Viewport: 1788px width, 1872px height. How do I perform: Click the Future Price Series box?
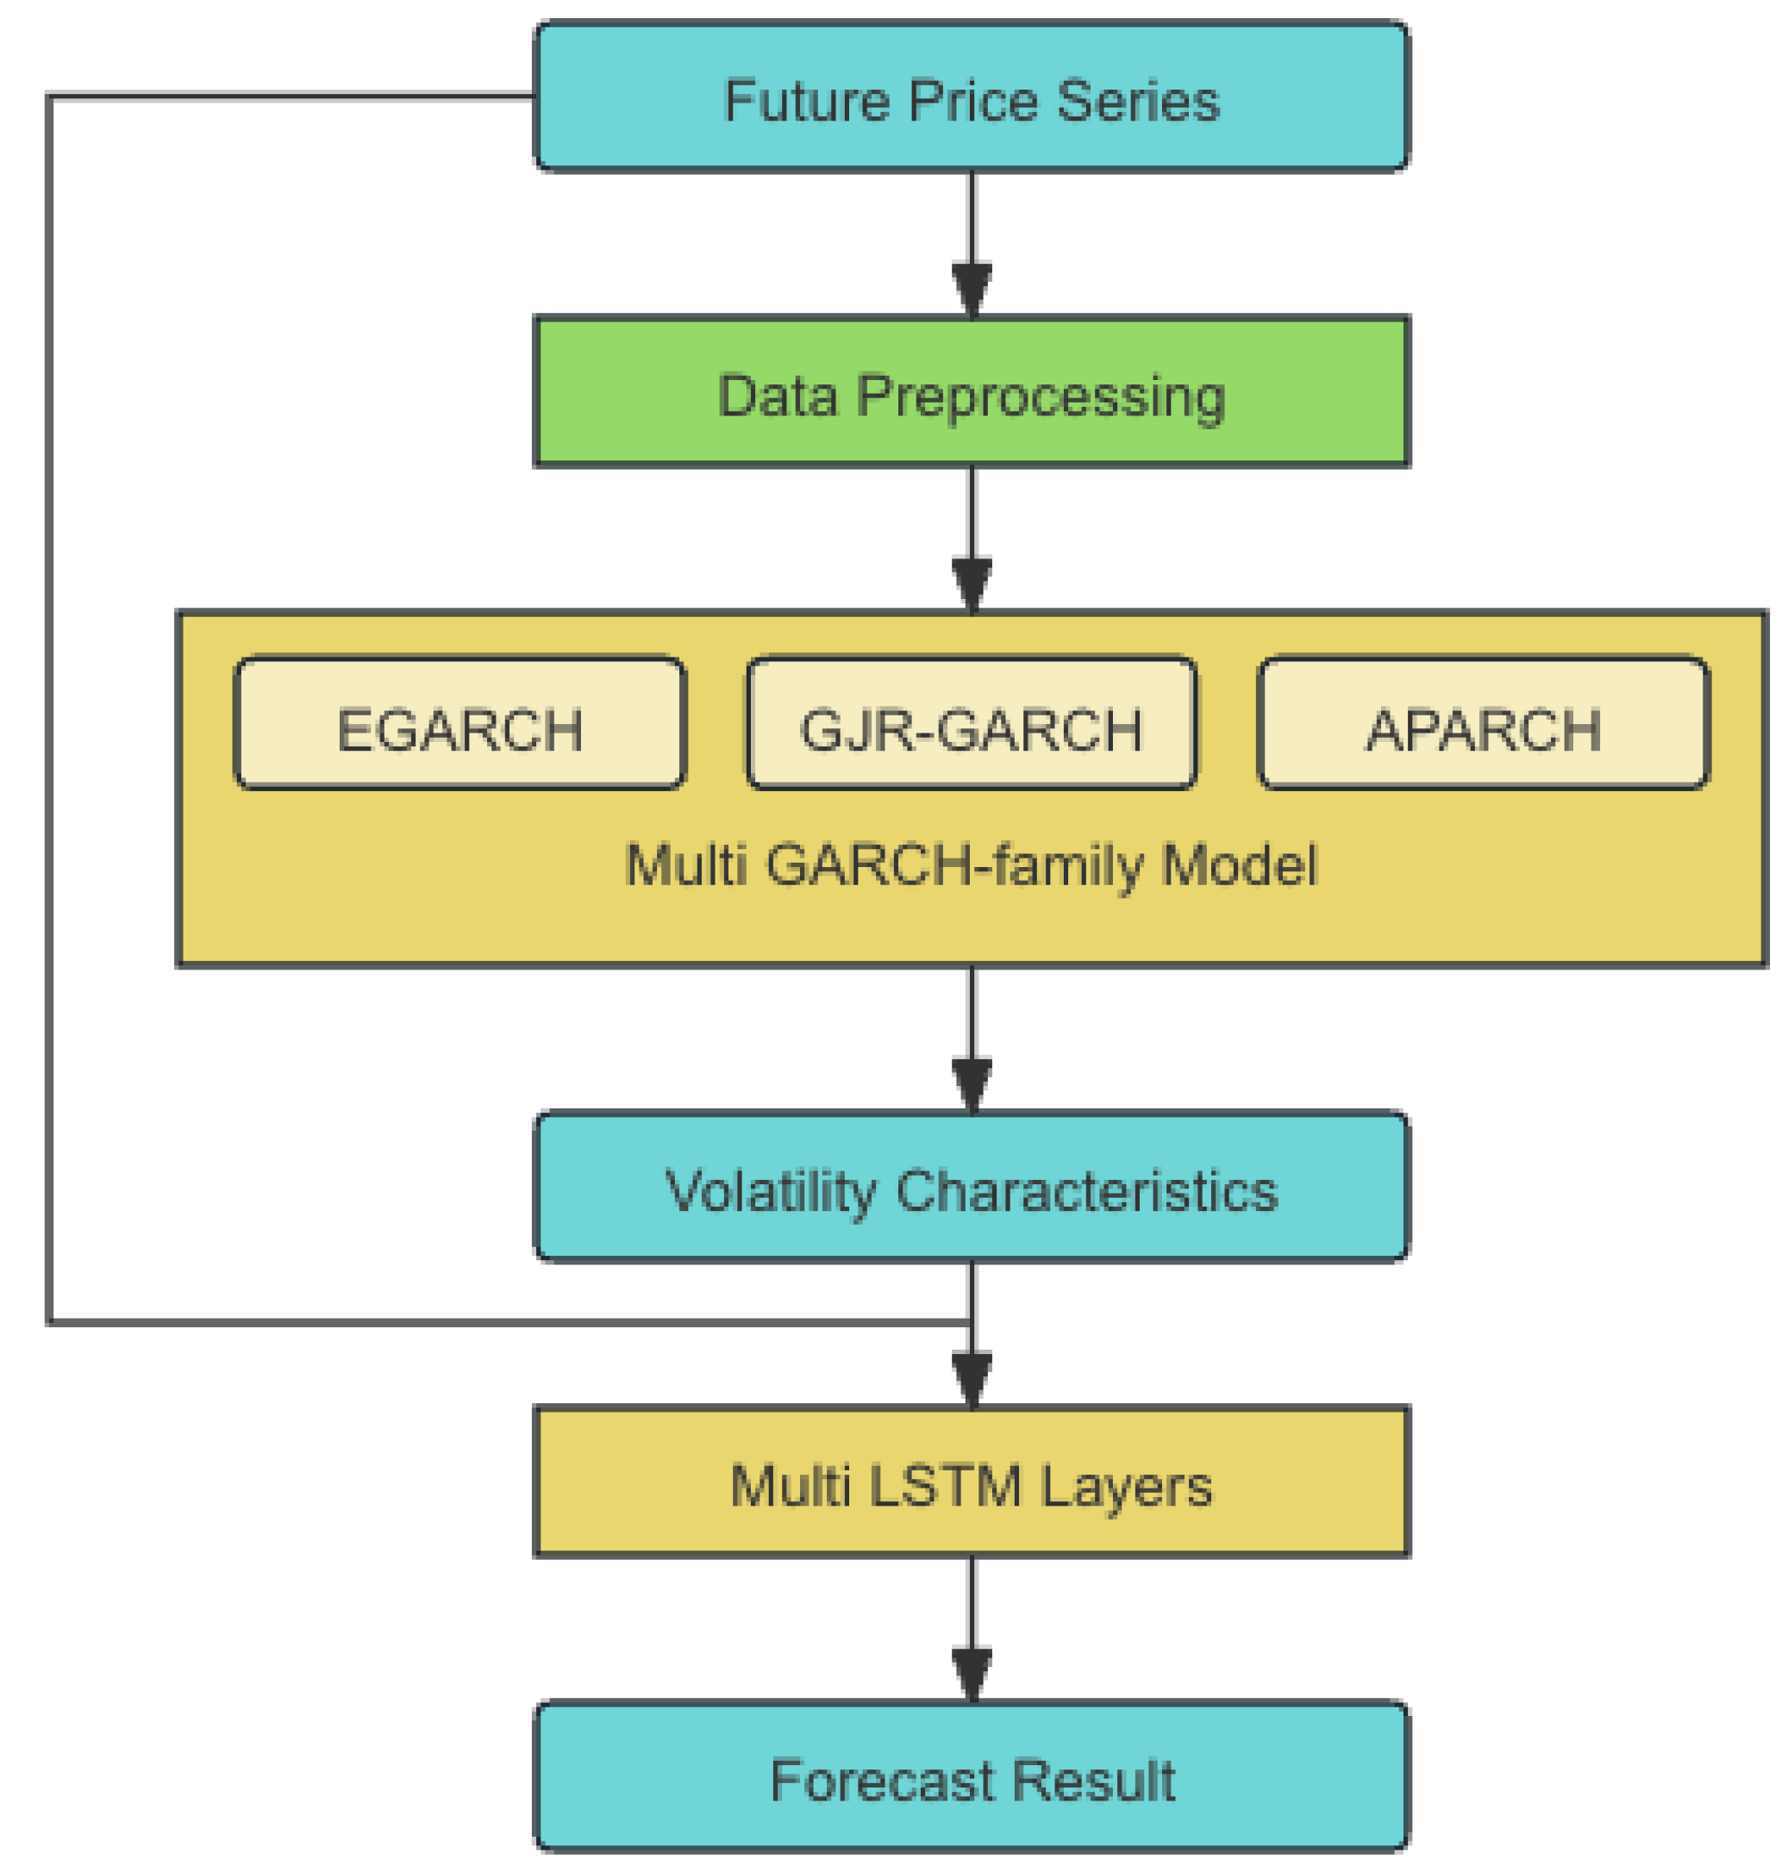pyautogui.click(x=972, y=97)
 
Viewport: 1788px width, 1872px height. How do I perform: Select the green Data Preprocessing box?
pyautogui.click(x=972, y=391)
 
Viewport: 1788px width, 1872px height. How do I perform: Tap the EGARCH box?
pyautogui.click(x=460, y=723)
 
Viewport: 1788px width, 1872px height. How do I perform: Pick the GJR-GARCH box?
pyautogui.click(x=972, y=723)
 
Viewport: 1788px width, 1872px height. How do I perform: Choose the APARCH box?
pyautogui.click(x=1483, y=723)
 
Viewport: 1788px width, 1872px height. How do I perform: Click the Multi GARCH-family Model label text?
pyautogui.click(x=972, y=865)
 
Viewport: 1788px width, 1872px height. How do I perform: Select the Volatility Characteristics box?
pyautogui.click(x=972, y=1186)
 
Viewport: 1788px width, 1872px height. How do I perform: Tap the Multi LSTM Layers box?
pyautogui.click(x=972, y=1482)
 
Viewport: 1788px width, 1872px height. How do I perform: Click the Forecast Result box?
pyautogui.click(x=972, y=1776)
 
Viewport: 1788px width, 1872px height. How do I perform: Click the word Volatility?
pyautogui.click(x=770, y=1191)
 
